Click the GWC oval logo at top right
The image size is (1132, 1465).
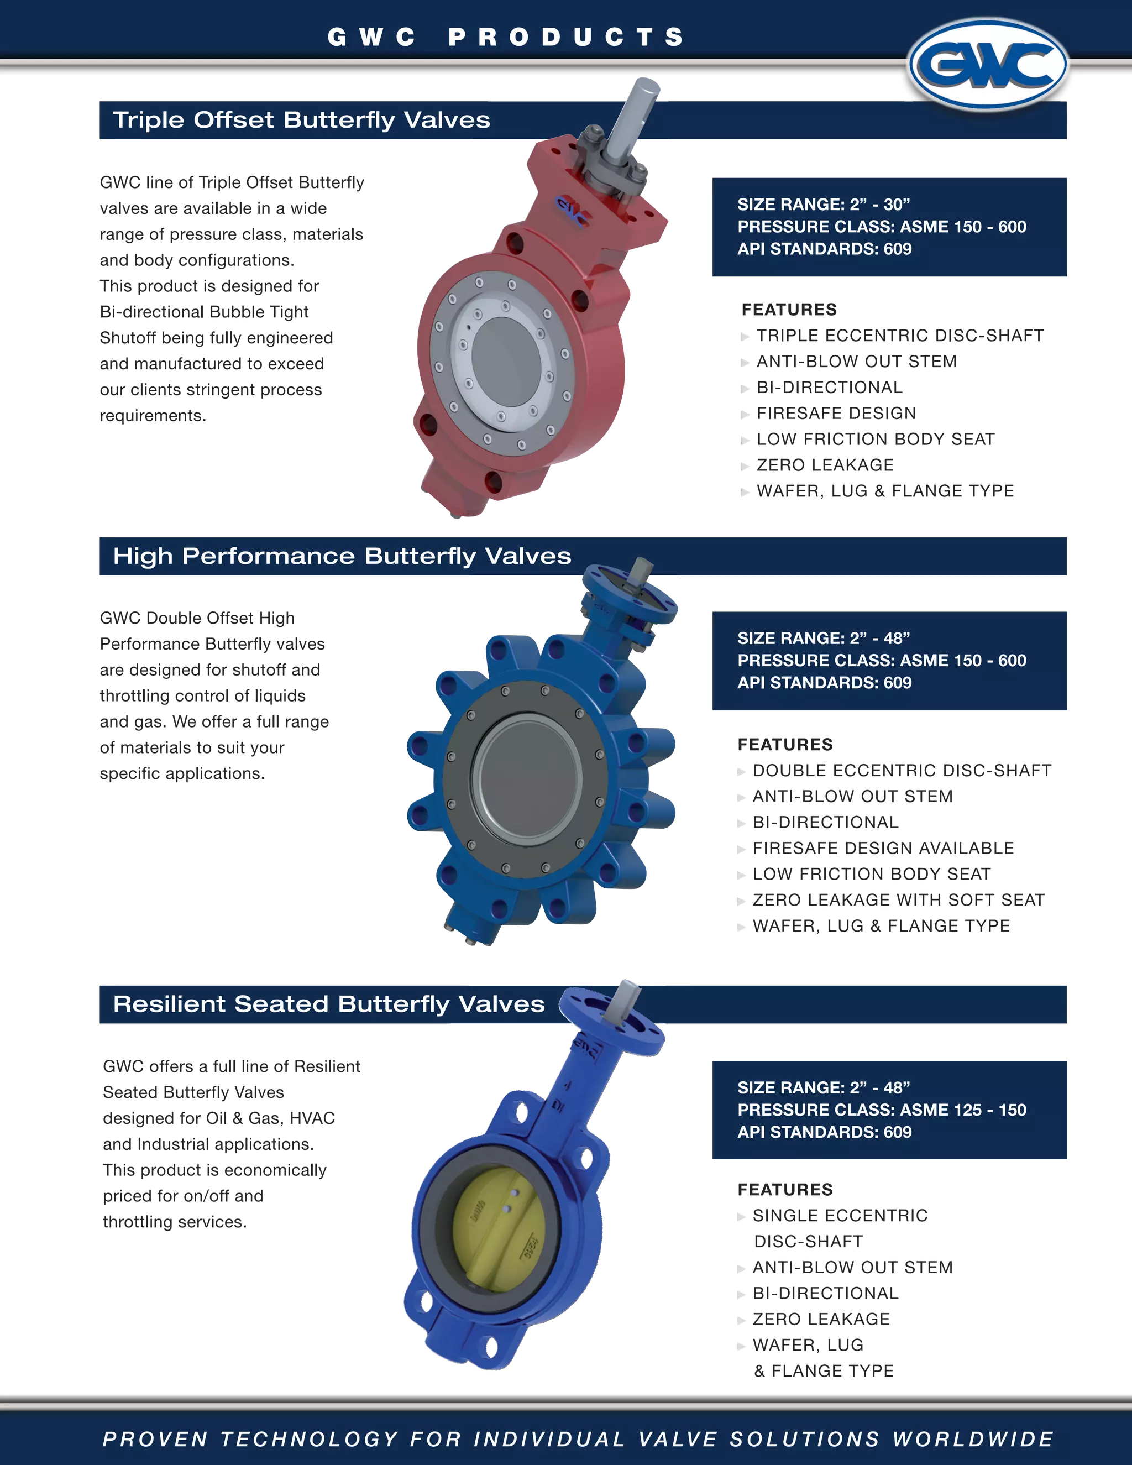(987, 64)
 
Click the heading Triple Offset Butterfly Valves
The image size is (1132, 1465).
(301, 120)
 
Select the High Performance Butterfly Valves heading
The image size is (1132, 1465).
(342, 556)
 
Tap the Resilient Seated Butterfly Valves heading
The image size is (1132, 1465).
(329, 1004)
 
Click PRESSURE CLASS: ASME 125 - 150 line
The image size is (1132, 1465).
(881, 1110)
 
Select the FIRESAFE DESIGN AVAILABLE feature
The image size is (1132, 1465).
(883, 849)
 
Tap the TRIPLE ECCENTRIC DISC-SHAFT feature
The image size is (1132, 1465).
(900, 336)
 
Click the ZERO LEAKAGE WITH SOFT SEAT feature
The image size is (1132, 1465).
(898, 900)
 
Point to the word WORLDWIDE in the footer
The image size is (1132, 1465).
(972, 1439)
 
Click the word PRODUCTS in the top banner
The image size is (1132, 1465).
(566, 37)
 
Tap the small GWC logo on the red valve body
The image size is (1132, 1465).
(572, 211)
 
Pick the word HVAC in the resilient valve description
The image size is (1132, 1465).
(312, 1118)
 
